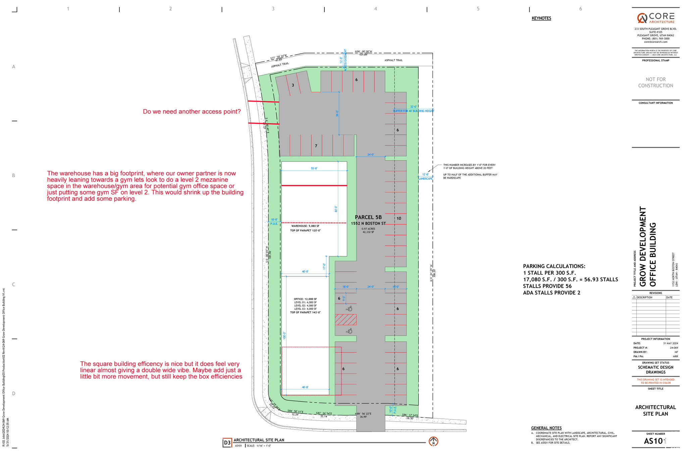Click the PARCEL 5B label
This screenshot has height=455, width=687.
click(368, 217)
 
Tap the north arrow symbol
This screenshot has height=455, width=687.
click(433, 441)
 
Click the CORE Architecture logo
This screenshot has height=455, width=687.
click(655, 18)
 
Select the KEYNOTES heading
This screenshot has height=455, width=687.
click(541, 18)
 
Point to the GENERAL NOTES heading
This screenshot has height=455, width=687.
click(546, 428)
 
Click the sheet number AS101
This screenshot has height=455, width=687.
click(654, 441)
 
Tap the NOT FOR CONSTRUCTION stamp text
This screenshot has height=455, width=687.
click(655, 83)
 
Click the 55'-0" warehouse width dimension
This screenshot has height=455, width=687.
click(314, 168)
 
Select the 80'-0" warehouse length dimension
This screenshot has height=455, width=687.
click(336, 209)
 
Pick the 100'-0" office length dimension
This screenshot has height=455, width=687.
click(284, 335)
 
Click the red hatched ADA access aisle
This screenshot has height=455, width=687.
click(346, 319)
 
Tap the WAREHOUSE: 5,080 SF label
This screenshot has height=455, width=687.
click(305, 226)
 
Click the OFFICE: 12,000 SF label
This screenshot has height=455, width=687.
click(305, 299)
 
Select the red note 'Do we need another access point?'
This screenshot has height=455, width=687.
click(192, 112)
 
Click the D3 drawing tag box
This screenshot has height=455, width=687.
click(227, 443)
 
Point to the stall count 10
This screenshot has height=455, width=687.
click(399, 218)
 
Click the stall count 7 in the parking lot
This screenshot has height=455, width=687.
click(316, 146)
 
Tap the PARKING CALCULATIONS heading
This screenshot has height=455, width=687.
click(554, 266)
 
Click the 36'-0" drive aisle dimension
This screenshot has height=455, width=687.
click(337, 113)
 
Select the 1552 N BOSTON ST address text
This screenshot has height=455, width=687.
click(368, 223)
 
